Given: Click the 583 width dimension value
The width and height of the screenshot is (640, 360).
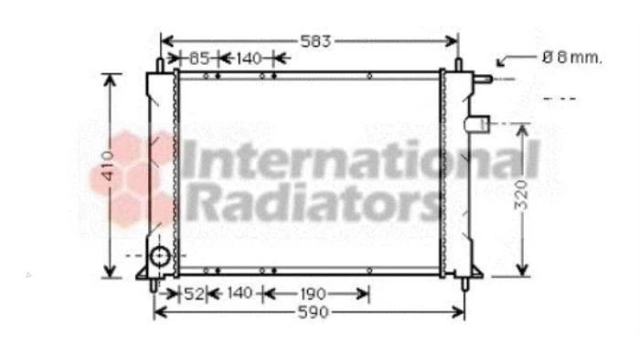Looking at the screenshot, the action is pos(315,41).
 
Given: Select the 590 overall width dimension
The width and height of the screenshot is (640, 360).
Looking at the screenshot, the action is pos(313,312).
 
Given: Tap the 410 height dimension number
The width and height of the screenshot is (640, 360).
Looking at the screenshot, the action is pos(108,165).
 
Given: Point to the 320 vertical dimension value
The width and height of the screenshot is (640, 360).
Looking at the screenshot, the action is pos(521,196).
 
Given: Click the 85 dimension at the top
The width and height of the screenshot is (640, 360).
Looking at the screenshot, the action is pos(199,58).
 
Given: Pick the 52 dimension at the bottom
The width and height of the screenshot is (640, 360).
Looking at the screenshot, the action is pos(194,293).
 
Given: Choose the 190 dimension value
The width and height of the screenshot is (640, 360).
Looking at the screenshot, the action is pos(313,294).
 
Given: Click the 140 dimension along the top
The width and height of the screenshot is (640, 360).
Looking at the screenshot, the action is pos(249,58).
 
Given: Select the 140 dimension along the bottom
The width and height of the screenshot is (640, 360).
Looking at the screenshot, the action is pos(239,292).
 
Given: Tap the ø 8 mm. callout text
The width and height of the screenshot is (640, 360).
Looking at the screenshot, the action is pos(572,58).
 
